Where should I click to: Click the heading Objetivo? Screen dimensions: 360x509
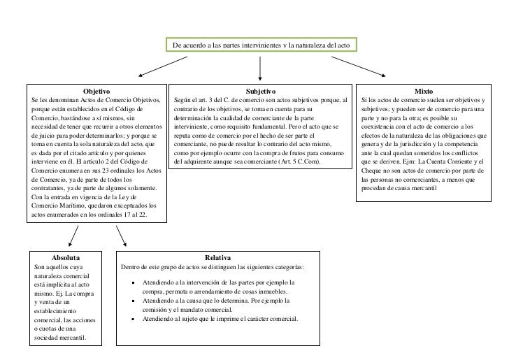click(x=96, y=92)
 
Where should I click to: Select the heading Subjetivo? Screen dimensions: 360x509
click(x=262, y=92)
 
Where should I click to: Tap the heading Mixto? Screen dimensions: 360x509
click(x=424, y=92)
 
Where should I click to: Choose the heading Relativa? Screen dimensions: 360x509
click(x=218, y=258)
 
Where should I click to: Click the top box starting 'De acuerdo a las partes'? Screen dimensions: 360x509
click(x=262, y=45)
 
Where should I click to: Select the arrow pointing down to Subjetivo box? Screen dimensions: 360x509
click(x=260, y=68)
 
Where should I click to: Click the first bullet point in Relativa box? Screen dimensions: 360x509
click(x=134, y=283)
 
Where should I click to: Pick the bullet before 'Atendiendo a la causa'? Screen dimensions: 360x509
click(x=134, y=301)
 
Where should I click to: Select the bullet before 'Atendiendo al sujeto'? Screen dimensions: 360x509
click(x=134, y=319)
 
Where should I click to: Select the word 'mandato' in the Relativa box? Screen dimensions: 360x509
click(x=191, y=309)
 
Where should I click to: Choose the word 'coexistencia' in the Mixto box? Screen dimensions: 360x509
click(x=383, y=127)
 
